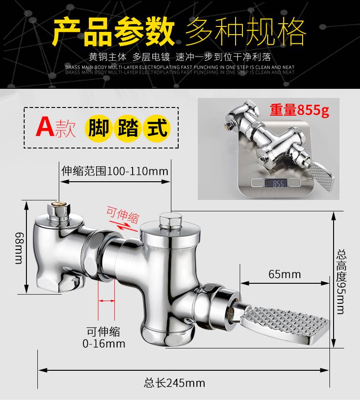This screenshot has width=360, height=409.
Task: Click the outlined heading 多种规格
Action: pos(246,31)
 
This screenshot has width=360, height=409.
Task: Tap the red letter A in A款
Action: pos(45,127)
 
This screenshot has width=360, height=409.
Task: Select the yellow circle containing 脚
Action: pos(99,128)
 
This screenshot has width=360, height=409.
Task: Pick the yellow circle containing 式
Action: pos(157,128)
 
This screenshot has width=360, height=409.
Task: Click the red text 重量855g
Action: pos(299,110)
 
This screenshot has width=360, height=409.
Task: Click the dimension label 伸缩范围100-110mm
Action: pos(115,171)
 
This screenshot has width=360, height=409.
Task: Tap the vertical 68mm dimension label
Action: pos(20,248)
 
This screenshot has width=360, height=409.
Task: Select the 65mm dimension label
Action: pos(284,274)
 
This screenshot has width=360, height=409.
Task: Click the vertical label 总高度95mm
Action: pos(341,282)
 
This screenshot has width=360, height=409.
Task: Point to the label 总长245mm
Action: pos(174,383)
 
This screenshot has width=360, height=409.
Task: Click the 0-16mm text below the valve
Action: pos(104,343)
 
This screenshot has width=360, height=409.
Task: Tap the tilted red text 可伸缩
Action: pos(123,215)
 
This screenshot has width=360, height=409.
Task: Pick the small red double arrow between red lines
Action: pos(107,301)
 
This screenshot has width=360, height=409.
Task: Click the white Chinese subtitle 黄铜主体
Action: pos(108,57)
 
